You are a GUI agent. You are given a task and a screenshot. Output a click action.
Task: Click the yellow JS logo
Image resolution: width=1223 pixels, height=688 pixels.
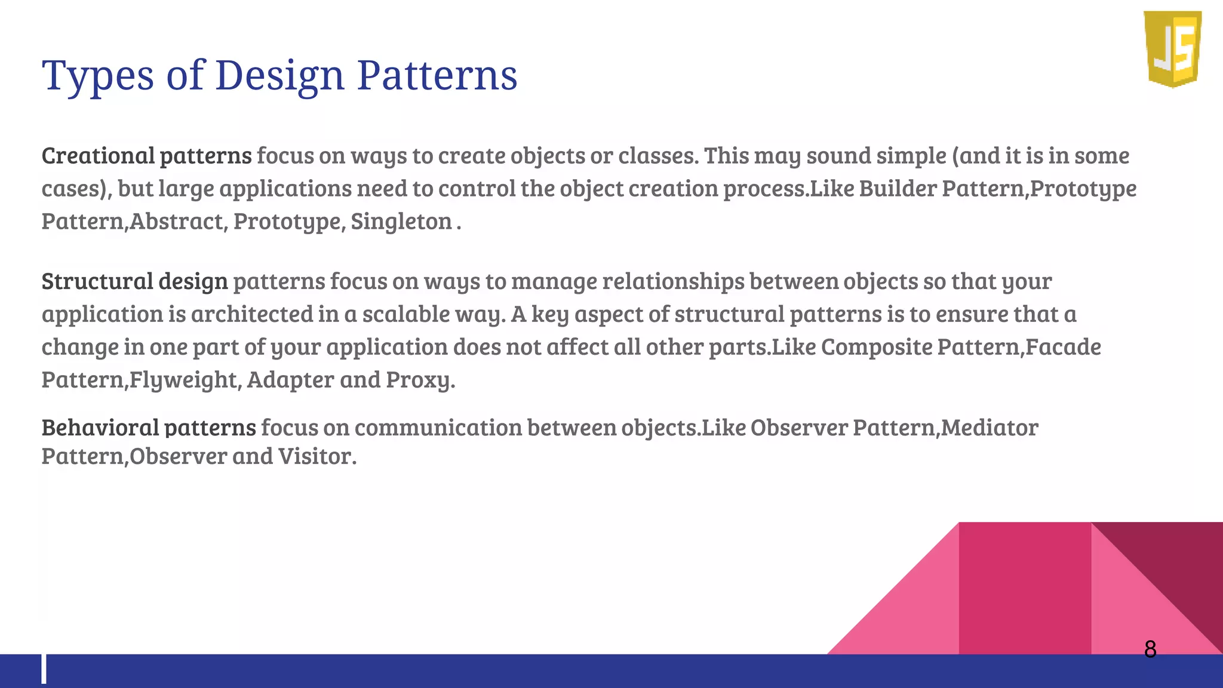pos(1173,49)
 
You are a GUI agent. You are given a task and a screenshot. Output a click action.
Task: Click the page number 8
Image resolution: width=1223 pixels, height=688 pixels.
pos(1150,649)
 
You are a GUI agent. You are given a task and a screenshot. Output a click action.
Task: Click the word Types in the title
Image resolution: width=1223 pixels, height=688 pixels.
pos(98,76)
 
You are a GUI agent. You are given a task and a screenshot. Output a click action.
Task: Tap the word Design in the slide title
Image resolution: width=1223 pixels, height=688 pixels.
pos(280,76)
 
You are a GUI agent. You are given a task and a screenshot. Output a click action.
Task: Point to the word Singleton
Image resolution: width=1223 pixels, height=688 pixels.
pos(401,222)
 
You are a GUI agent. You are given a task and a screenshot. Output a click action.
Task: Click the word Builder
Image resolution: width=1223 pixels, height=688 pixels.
pos(898,189)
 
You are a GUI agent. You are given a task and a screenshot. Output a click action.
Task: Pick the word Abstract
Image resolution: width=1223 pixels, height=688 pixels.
pos(177,222)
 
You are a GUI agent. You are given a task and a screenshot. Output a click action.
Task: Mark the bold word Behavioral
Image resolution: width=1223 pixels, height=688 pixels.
pos(100,428)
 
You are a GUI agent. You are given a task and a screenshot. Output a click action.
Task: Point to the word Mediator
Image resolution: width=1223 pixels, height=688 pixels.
pos(990,428)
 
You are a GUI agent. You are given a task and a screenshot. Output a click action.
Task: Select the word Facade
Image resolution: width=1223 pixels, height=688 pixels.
pos(1064,347)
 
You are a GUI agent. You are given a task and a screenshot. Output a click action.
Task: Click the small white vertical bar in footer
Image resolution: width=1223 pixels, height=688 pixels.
pos(44,669)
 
